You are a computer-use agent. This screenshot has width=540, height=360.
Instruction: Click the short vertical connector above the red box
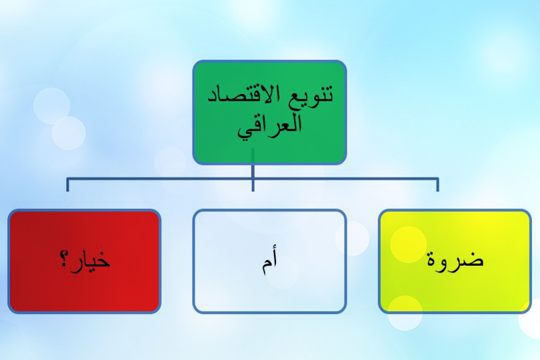coord(67,185)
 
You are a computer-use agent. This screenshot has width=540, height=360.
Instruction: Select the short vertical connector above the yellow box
coord(437,185)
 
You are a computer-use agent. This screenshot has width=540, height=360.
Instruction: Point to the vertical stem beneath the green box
coord(253,170)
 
